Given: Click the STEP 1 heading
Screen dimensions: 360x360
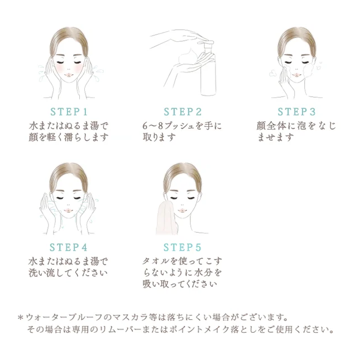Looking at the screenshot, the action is point(69,112).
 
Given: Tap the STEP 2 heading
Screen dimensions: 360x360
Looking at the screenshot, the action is point(183,112).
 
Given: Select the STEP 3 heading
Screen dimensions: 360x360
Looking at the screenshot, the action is point(296,112).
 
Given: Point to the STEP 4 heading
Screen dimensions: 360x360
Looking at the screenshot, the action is point(69,247).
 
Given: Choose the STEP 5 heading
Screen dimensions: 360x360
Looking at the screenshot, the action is point(183,247).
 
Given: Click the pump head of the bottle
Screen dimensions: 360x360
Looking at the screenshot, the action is point(206,44).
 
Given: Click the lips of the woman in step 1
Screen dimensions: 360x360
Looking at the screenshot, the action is point(69,75).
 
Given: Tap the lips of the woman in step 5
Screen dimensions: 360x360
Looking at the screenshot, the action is point(182,210).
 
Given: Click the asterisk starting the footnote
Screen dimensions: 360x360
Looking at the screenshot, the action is point(21,318).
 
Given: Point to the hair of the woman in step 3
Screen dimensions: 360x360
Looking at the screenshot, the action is point(296,40).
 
